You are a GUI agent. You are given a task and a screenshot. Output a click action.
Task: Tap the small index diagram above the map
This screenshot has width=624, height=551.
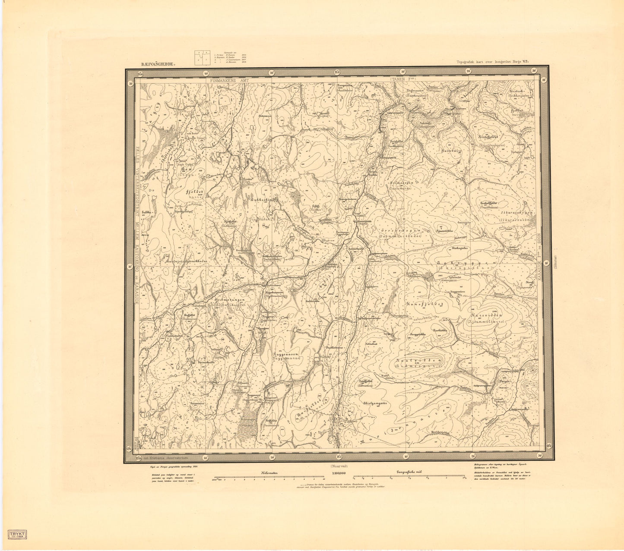click(202, 57)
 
